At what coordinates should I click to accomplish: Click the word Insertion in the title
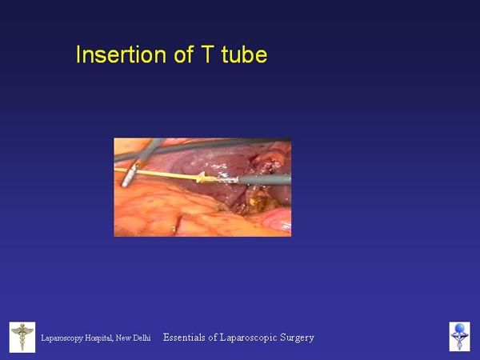[121, 54]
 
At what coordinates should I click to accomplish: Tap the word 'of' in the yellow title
[183, 54]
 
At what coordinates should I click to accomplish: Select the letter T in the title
[206, 54]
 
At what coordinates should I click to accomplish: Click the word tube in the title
[244, 54]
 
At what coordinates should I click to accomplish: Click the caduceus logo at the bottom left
[22, 337]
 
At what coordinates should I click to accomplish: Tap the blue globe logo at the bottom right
[459, 337]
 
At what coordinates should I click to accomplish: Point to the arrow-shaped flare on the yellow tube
[202, 177]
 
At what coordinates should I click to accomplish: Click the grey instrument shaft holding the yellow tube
[264, 179]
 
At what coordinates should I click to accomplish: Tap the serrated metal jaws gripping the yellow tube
[227, 179]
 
